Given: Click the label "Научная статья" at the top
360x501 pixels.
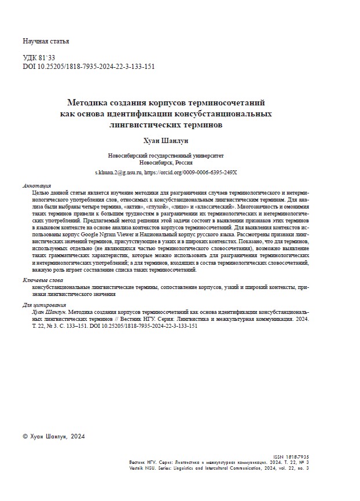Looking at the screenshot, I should click(x=46, y=41).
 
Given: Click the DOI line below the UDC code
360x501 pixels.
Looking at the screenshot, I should click(x=89, y=66).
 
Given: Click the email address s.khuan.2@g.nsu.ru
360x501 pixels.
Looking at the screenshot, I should click(x=118, y=173).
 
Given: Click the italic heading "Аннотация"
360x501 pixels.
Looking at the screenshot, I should click(x=36, y=186).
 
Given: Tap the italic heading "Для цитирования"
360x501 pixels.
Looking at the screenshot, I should click(x=44, y=305).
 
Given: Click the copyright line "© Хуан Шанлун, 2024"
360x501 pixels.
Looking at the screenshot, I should click(x=53, y=436).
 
